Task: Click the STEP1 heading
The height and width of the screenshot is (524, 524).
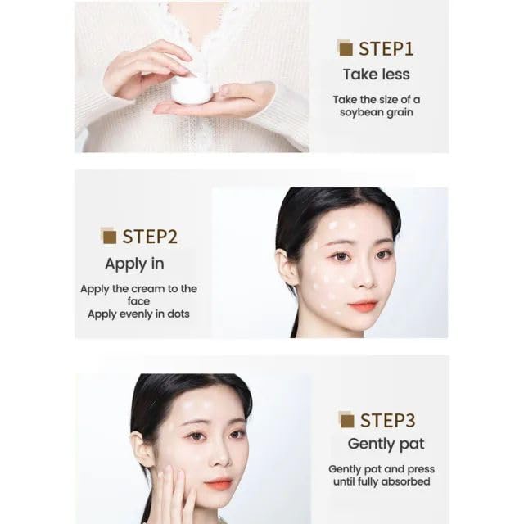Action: (386, 49)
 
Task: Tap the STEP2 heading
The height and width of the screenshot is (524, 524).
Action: (150, 237)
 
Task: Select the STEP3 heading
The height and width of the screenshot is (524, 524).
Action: (387, 420)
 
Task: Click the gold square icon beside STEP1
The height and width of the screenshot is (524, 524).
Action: (345, 48)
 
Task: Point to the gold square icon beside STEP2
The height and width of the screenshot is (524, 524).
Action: (108, 236)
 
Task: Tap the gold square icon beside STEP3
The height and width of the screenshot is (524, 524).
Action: (346, 419)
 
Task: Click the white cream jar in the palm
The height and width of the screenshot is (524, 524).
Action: (192, 89)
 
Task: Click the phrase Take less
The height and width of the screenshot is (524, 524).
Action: (377, 75)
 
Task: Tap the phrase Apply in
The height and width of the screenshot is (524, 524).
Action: (134, 264)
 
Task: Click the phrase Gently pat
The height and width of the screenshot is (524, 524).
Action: (386, 444)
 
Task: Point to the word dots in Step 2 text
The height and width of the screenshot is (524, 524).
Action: (178, 314)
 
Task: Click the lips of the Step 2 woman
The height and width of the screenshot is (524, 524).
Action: (364, 305)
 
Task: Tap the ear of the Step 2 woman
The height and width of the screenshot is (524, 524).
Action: (287, 268)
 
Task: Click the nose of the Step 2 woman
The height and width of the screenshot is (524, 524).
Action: (364, 279)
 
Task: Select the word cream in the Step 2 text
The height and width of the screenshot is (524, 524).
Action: (148, 289)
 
